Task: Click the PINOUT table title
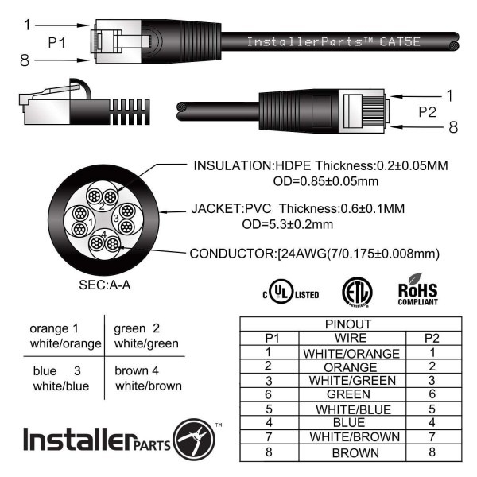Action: pos(348,324)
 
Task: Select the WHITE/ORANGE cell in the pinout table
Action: pos(351,354)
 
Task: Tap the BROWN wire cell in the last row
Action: pos(355,453)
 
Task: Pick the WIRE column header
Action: pos(351,338)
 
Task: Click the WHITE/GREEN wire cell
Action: pos(352,381)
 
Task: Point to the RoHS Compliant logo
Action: pos(417,289)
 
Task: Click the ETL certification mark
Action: pos(357,292)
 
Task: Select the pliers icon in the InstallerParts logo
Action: pos(194,440)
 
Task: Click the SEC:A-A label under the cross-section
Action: pos(105,285)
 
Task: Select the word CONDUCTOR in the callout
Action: pos(232,254)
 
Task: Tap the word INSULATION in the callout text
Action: pos(233,166)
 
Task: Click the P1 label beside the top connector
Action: pos(56,43)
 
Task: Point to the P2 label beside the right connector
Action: pos(428,112)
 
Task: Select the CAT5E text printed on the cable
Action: pos(400,41)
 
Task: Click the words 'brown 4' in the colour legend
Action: pos(137,370)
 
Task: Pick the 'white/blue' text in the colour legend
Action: pos(61,386)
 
